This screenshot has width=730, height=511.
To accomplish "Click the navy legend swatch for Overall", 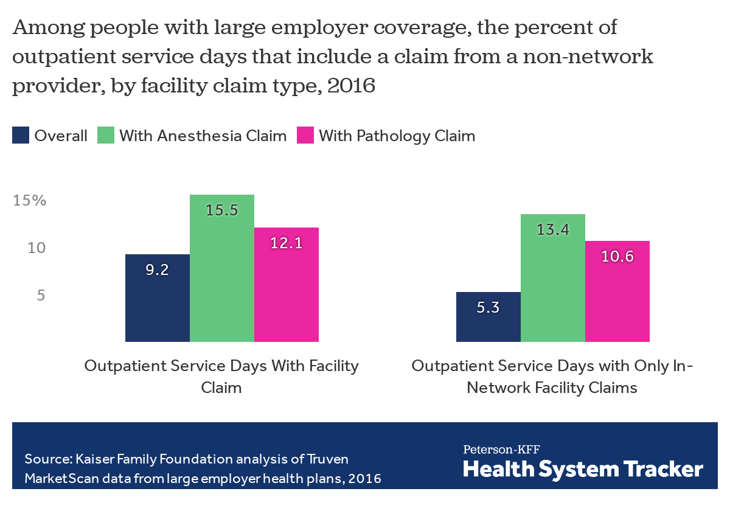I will click(x=21, y=136).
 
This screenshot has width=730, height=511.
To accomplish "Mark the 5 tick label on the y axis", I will click(x=41, y=296).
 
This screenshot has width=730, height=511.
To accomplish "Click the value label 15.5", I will click(x=221, y=210).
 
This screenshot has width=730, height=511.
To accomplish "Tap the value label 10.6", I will click(x=617, y=257).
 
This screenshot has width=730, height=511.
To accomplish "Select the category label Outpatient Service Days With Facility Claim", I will click(x=221, y=377).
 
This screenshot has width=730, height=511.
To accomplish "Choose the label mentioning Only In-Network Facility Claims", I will click(x=552, y=377).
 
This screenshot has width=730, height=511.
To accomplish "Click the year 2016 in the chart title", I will click(x=350, y=86).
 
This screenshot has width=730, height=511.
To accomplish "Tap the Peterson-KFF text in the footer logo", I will click(x=501, y=450).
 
